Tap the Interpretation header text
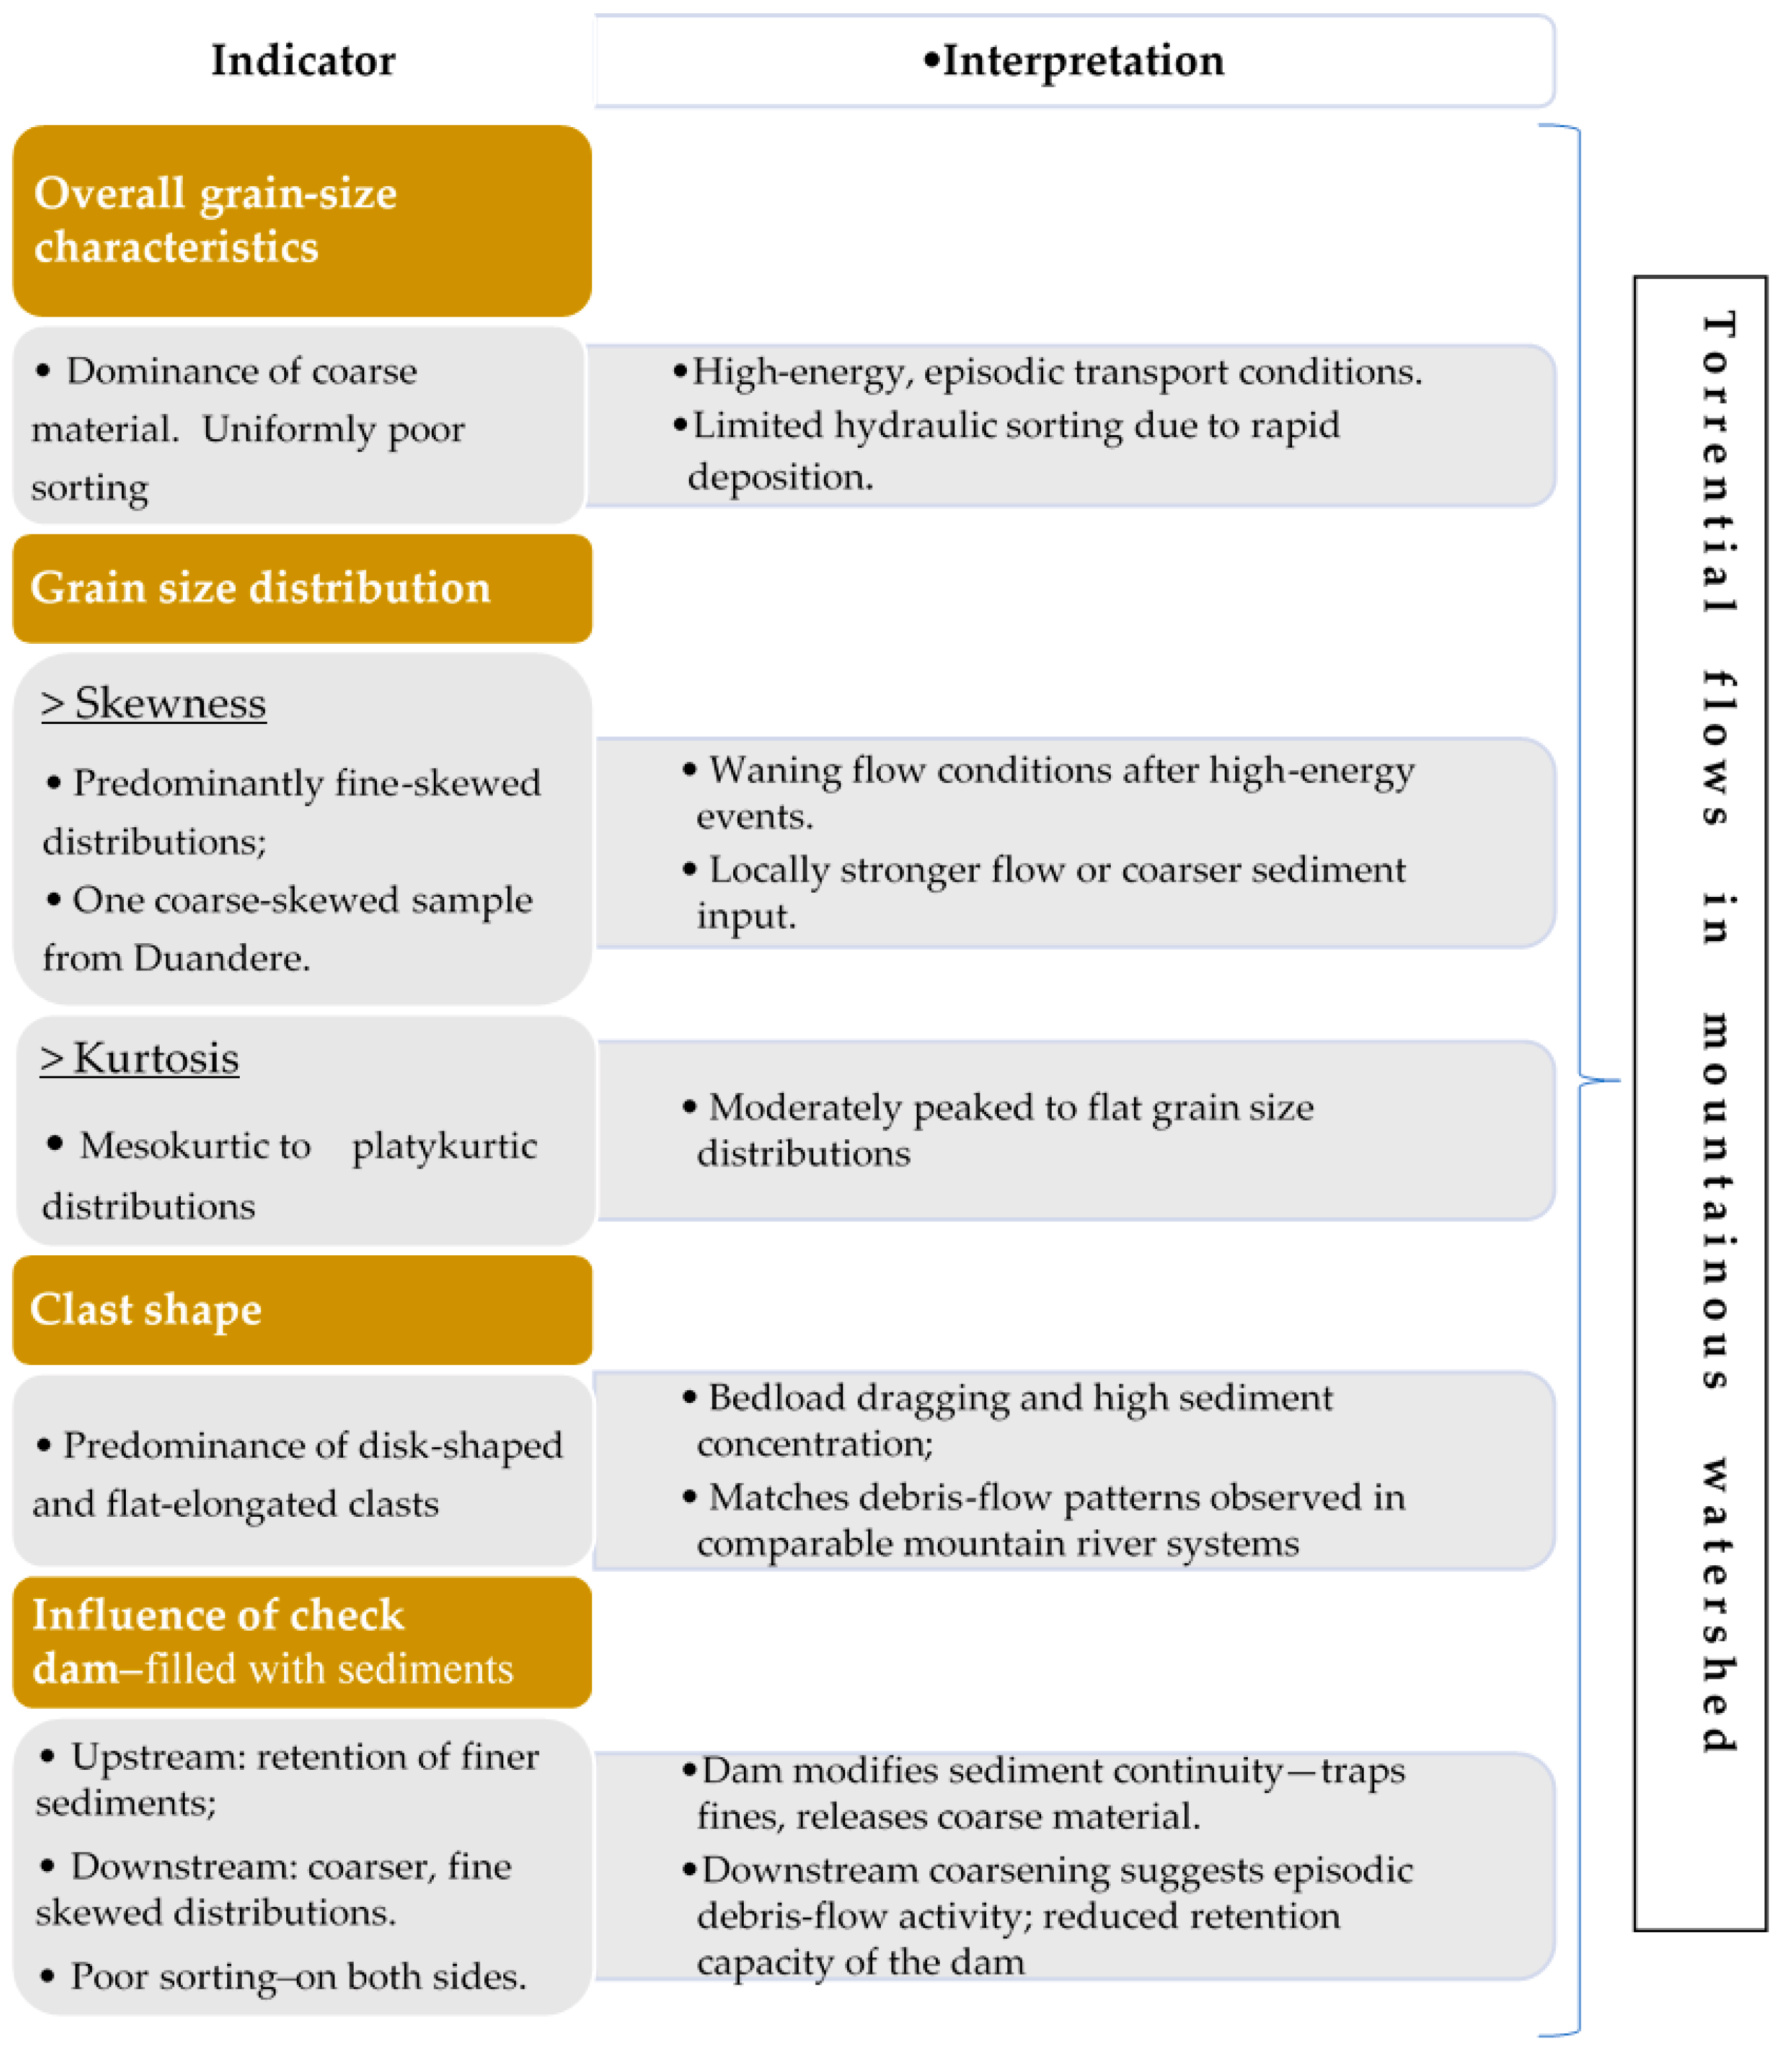pos(1082,60)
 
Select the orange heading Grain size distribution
pos(260,588)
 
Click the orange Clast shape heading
pos(146,1309)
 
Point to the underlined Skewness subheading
pos(154,703)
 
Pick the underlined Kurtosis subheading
pos(140,1058)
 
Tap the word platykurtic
pos(444,1146)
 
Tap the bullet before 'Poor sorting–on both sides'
pos(46,1976)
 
